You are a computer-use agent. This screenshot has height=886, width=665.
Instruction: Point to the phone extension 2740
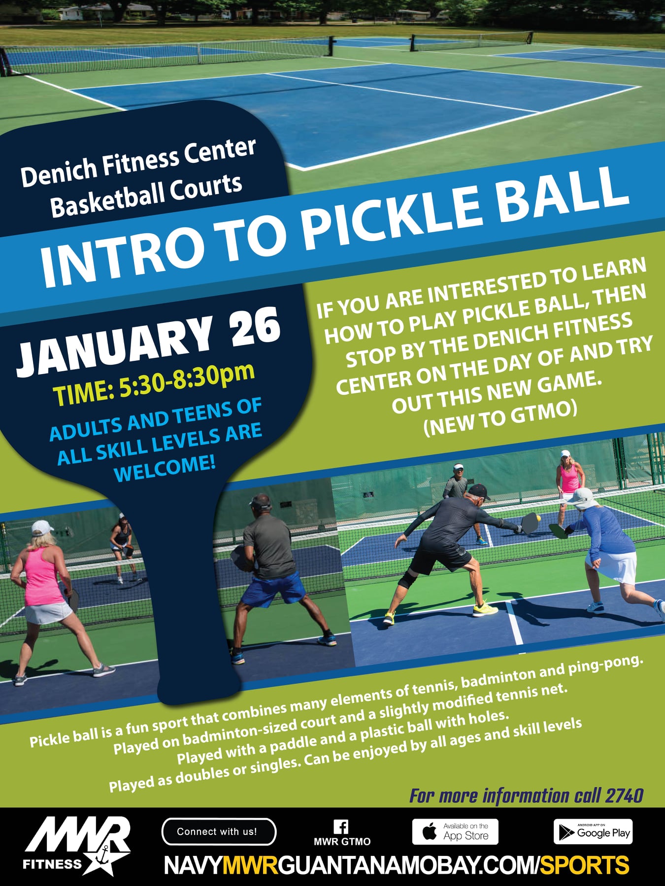[x=625, y=795]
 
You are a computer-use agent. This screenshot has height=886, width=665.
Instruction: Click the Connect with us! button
[x=219, y=832]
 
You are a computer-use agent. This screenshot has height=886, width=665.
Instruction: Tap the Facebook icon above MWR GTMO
[x=341, y=826]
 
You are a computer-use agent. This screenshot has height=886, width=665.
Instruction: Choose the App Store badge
[x=455, y=832]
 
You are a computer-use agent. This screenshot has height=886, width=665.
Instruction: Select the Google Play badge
[x=593, y=832]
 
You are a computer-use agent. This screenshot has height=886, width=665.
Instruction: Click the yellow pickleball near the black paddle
[x=538, y=518]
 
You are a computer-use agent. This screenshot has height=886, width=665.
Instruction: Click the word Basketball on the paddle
[x=106, y=198]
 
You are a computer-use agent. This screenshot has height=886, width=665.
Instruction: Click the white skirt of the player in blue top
[x=611, y=566]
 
